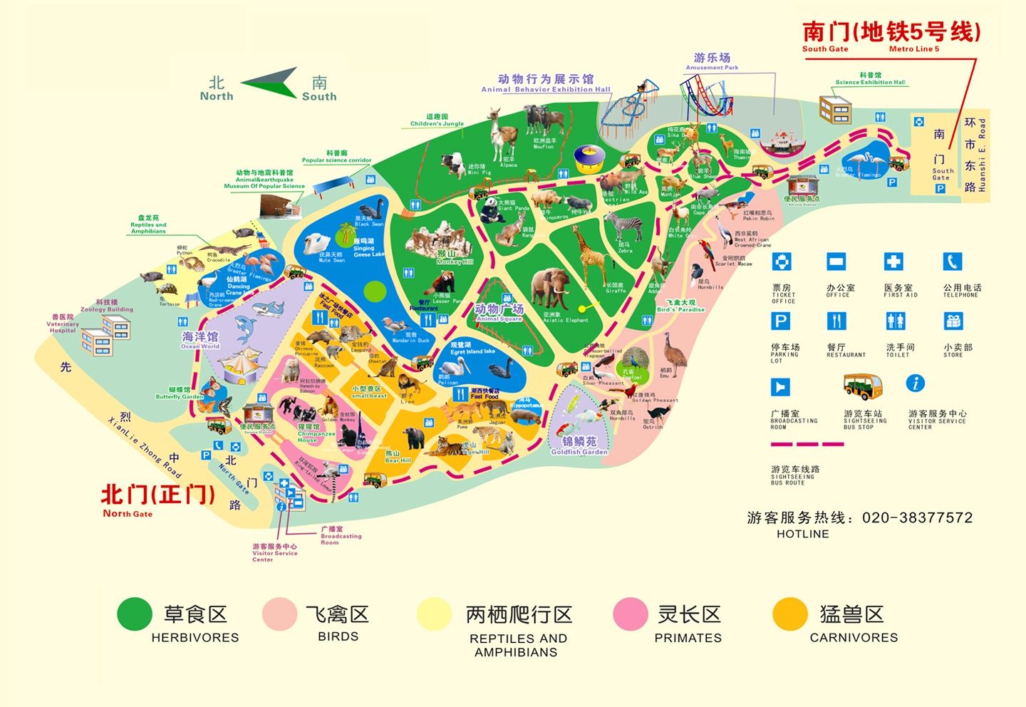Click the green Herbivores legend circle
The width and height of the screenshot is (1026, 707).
coord(135,614)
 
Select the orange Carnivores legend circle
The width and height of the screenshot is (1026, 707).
coord(789,614)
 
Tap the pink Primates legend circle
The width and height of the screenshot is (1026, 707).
coord(631,614)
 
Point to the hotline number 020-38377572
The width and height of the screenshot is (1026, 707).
coord(917,518)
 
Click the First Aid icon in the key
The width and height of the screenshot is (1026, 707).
coord(893,262)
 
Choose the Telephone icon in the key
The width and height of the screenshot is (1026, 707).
coord(953,262)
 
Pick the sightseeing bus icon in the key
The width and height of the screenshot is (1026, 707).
coord(862,386)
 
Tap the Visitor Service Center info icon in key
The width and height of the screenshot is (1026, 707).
coord(916,383)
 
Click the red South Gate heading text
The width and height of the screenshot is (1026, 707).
coord(891,32)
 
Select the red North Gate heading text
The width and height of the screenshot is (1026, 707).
coord(158,494)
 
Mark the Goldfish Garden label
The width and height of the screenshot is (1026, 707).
coord(579,445)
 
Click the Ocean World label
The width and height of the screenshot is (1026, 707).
coord(199,339)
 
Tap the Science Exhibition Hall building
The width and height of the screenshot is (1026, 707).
coord(835,110)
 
